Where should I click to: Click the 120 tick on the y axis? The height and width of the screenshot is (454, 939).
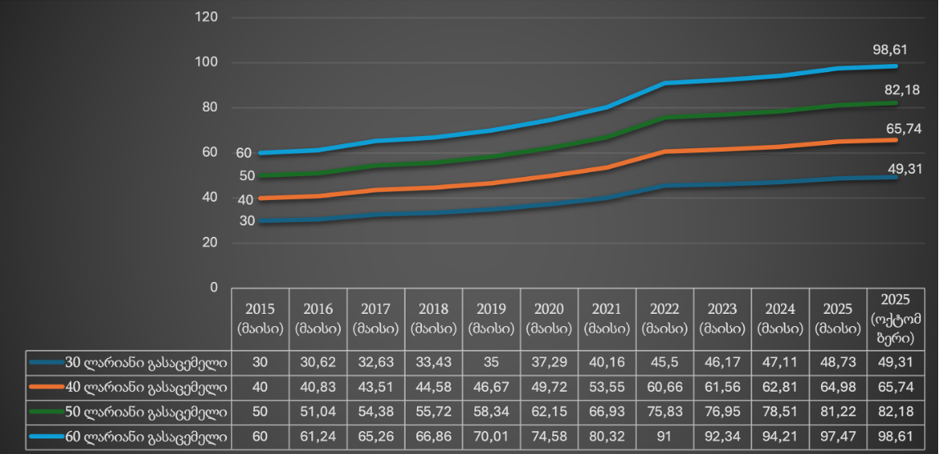tap(207, 17)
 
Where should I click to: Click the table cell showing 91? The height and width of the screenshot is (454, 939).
tap(665, 437)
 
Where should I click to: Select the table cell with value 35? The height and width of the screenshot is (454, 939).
tap(491, 361)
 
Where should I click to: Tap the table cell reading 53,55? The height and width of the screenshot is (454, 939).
tap(606, 387)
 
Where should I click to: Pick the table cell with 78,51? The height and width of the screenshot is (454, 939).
tap(780, 411)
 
